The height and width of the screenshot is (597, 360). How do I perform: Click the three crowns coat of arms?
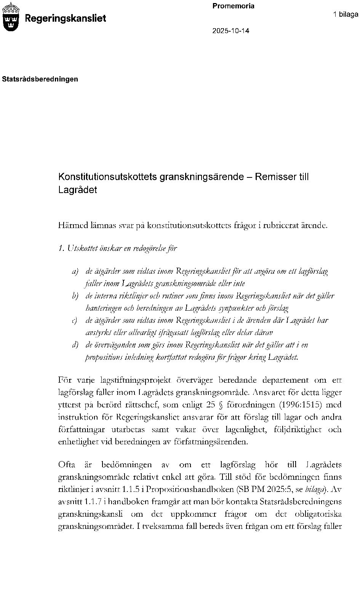11,17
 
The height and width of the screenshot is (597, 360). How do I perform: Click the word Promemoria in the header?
233,6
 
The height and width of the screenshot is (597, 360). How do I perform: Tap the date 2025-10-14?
230,31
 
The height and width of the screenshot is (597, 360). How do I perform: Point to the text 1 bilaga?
346,14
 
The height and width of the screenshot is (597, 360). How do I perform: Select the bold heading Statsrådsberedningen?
40,79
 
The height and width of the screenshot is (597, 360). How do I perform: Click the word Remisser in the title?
274,177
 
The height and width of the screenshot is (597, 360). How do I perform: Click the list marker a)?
75,271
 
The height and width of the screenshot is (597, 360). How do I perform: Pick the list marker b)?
75,296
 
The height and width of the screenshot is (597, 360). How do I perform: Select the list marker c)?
75,321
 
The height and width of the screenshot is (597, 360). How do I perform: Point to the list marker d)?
75,345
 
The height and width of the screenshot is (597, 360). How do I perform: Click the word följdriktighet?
293,429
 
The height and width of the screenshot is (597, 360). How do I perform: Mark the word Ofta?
67,465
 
